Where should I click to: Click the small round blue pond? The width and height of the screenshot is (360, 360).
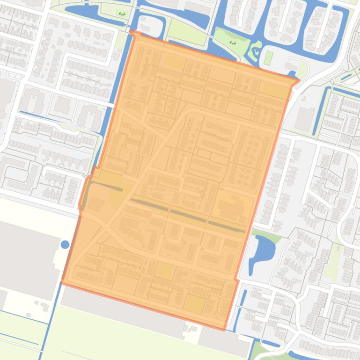65,244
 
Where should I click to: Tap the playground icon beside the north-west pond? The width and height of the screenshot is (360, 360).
122,14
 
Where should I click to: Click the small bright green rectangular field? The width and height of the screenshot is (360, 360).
268,58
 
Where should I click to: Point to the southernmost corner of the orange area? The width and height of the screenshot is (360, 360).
225,329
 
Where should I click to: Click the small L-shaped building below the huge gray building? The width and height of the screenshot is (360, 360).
42,307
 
